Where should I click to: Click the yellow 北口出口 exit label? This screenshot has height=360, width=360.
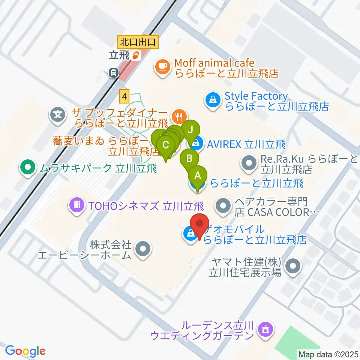(138, 41)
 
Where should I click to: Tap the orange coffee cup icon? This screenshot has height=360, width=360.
(162, 67)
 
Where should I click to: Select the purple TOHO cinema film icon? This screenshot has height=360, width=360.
(76, 205)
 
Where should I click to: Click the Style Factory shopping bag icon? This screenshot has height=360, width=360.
(213, 100)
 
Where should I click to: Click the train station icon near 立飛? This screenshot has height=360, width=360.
(113, 72)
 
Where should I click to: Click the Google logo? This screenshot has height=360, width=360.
(25, 351)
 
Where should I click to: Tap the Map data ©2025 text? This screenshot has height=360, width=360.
(328, 354)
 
